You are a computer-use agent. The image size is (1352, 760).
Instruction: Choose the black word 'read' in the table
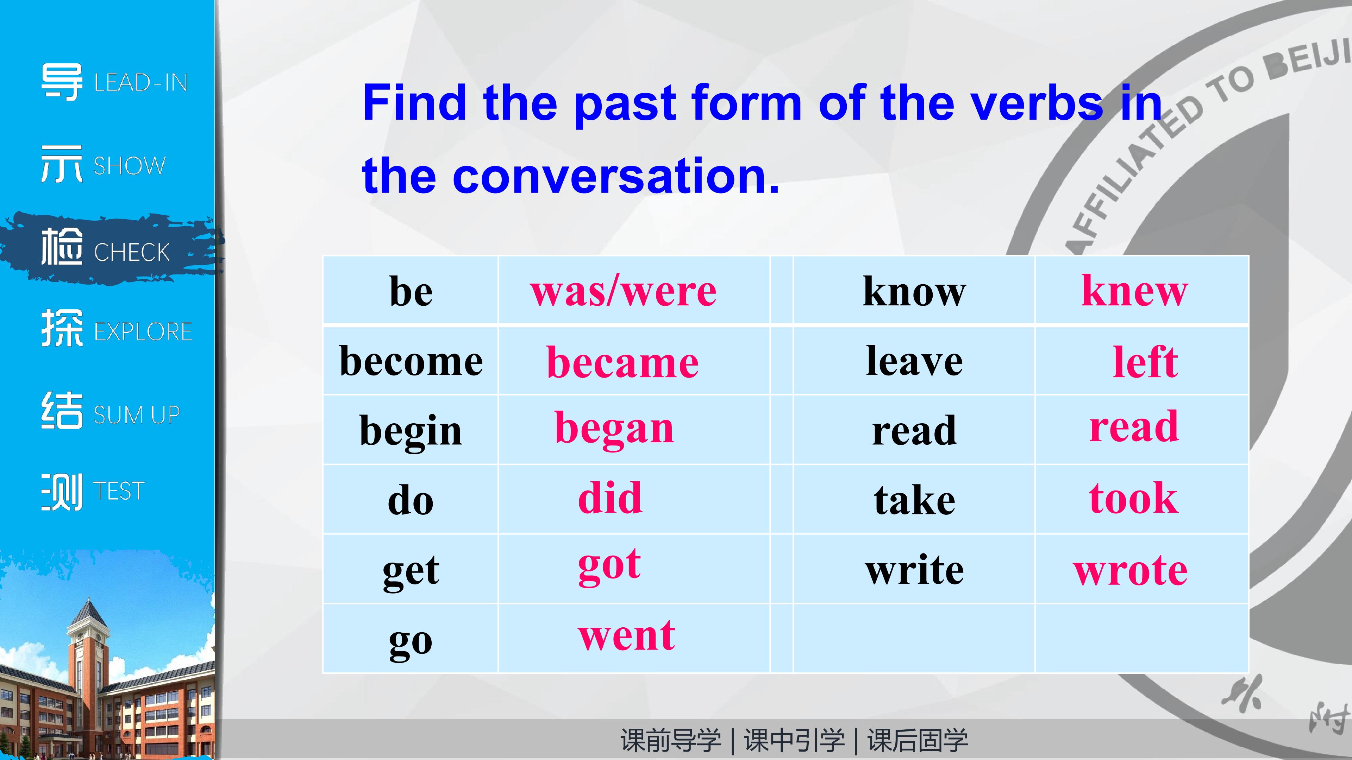pos(914,430)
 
